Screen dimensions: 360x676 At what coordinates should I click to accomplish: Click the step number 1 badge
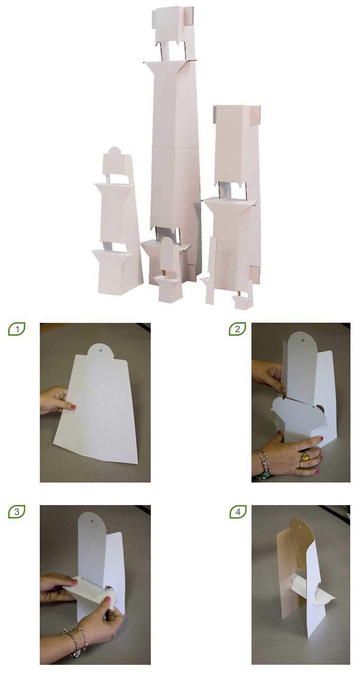(17, 329)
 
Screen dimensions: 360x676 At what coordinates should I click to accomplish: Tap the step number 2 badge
(237, 329)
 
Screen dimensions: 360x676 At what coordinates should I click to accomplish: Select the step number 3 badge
(17, 512)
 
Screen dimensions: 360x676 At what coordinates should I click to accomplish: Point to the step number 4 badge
(238, 512)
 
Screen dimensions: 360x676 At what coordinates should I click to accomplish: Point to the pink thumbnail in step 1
(73, 407)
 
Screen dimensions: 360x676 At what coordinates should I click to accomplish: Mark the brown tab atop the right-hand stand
(256, 115)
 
